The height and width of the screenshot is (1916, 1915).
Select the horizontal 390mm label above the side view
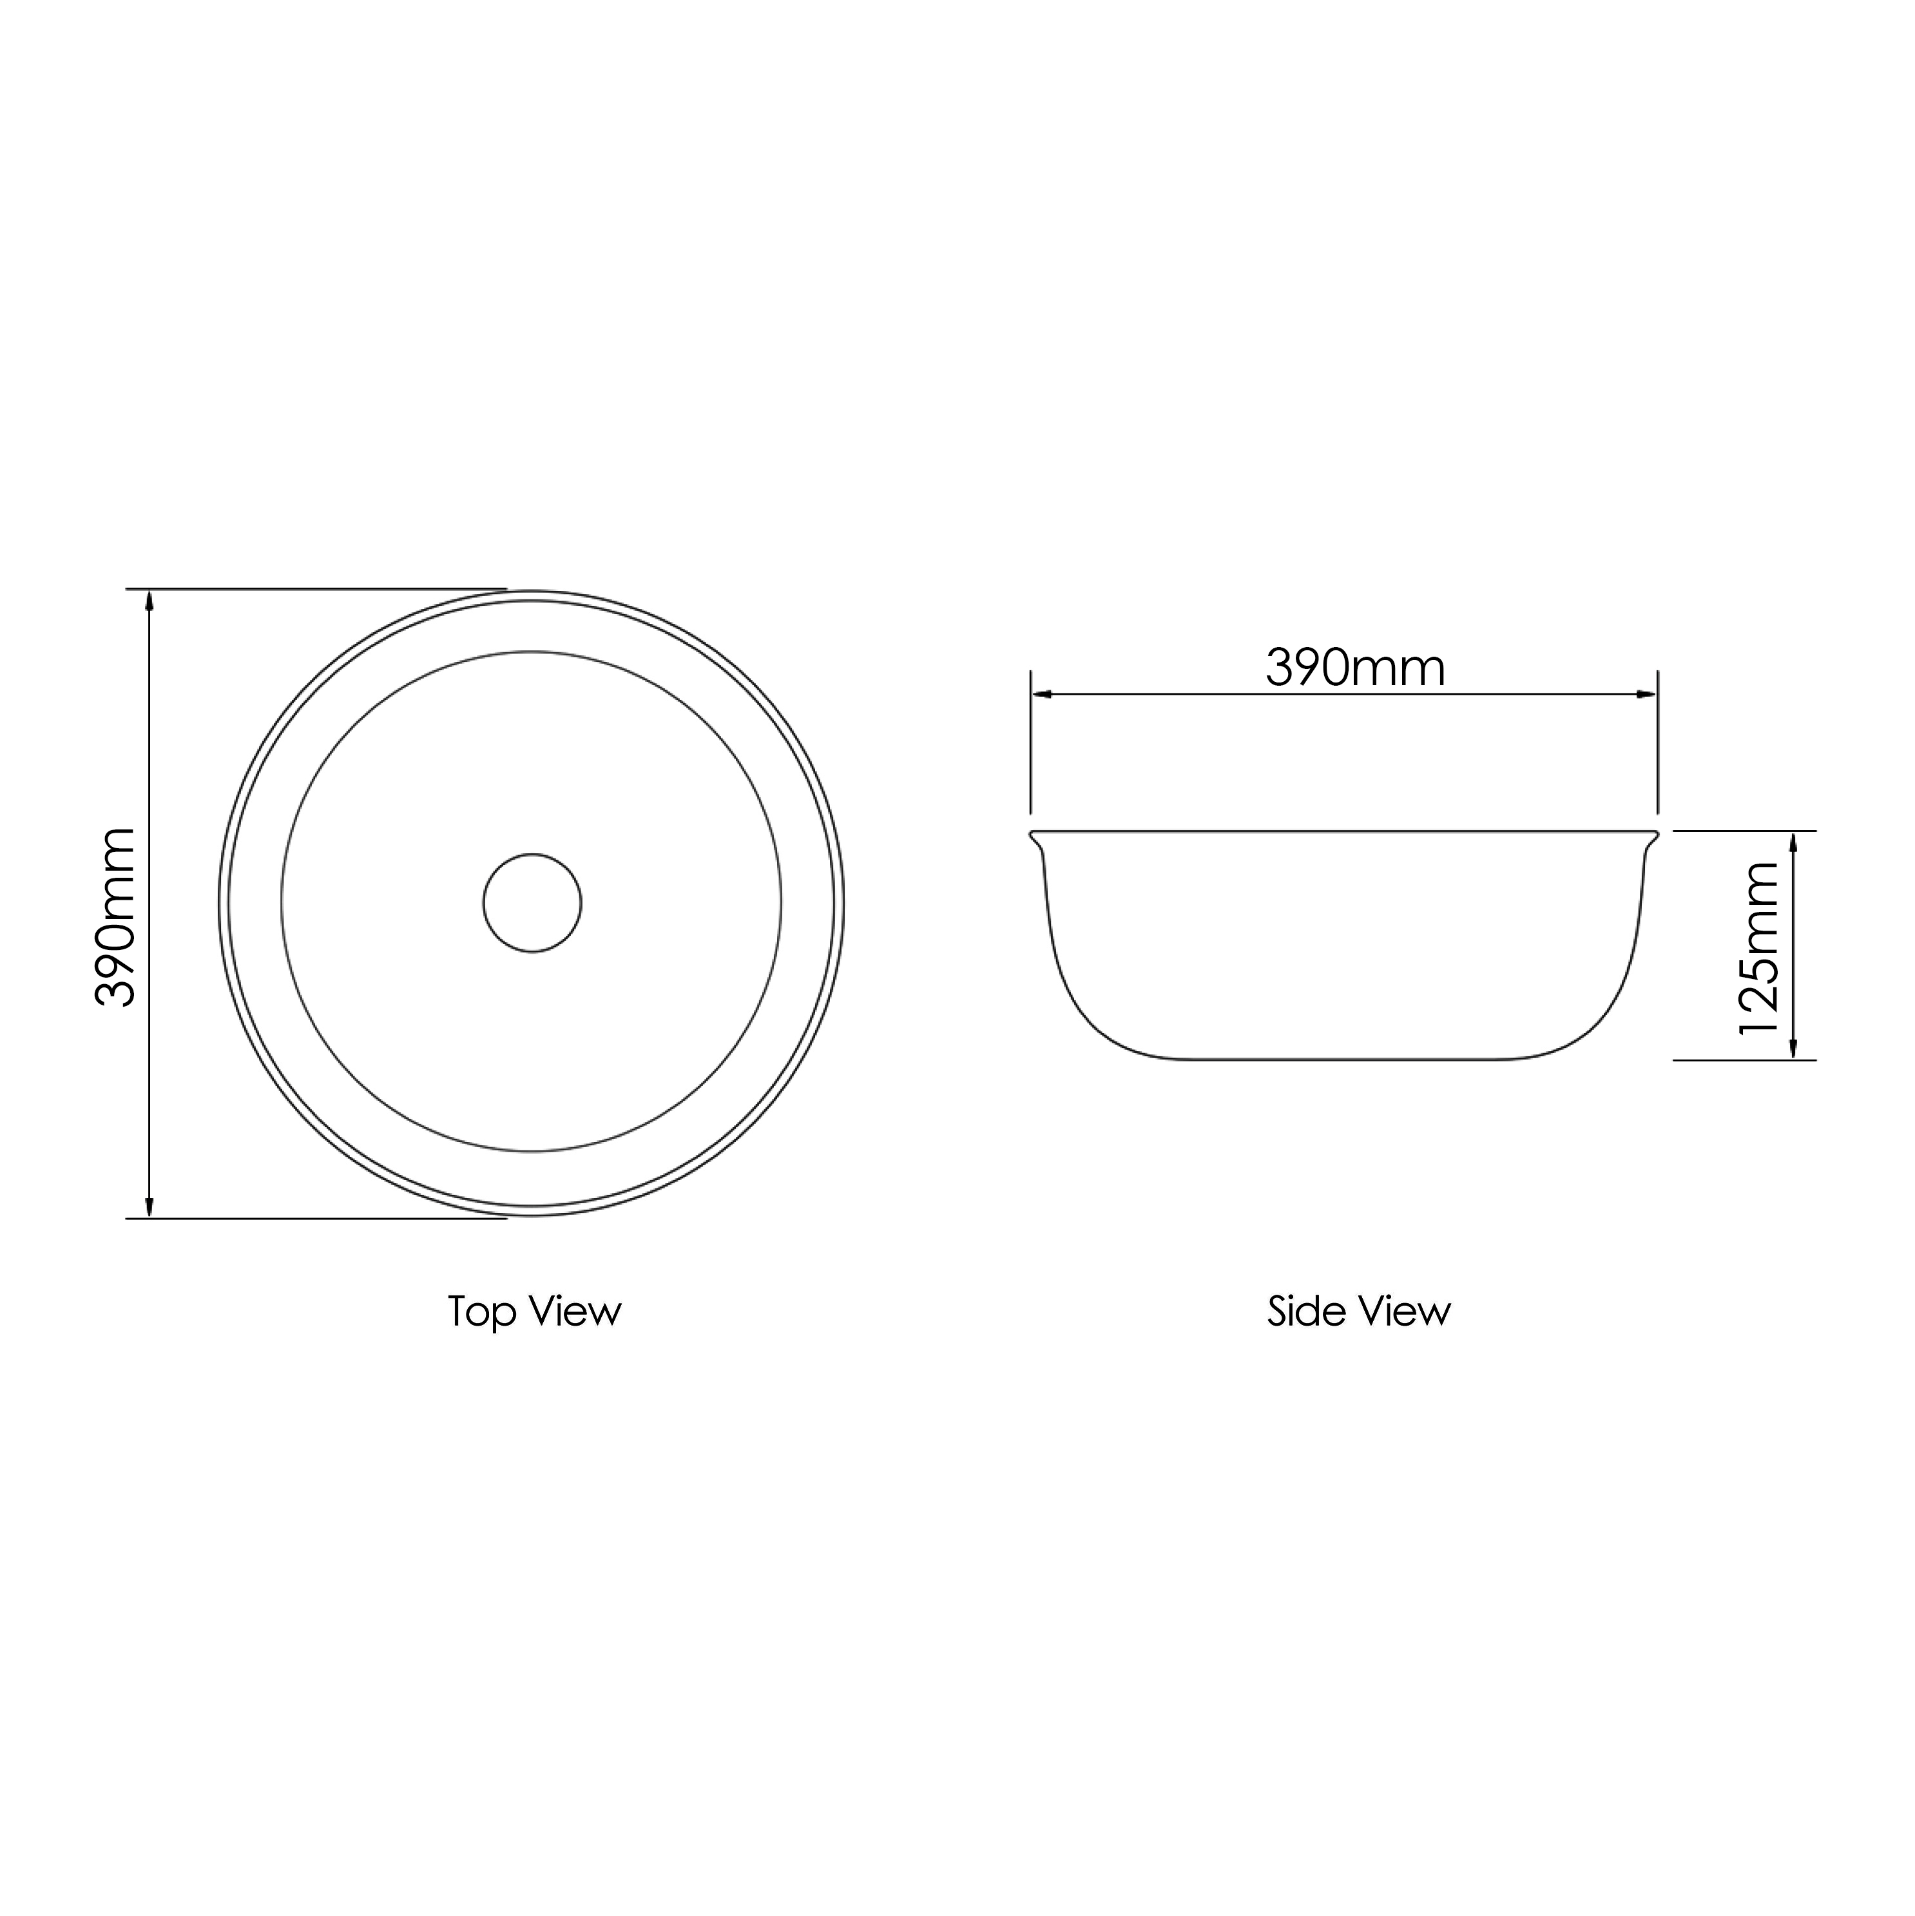tap(1356, 668)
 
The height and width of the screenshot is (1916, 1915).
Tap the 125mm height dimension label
tap(1761, 948)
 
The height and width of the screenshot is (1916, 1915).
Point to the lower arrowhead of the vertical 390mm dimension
tap(149, 1206)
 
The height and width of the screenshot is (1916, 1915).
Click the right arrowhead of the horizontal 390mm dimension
tap(1646, 694)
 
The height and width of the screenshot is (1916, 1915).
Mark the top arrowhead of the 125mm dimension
tap(1793, 843)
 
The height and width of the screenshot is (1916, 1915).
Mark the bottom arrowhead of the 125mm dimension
tap(1793, 1049)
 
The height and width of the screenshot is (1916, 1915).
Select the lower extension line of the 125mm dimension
tap(1746, 1060)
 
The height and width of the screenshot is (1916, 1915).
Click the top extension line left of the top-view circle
tap(318, 589)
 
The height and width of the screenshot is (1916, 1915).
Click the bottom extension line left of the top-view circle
tap(318, 1218)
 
